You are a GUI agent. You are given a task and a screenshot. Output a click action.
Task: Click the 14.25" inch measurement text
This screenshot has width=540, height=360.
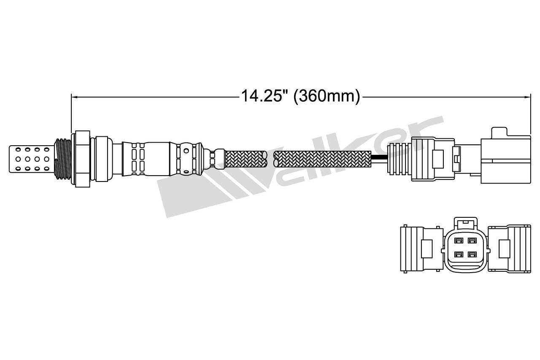coord(264,97)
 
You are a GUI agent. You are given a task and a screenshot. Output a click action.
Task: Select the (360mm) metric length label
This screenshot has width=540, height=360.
coord(327,97)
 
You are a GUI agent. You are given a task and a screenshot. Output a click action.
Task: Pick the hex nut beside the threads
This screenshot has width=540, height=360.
coord(82,159)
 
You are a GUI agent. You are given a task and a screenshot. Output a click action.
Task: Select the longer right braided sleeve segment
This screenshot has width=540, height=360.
coord(323,159)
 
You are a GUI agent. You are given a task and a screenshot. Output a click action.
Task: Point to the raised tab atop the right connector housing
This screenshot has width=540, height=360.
coord(497,132)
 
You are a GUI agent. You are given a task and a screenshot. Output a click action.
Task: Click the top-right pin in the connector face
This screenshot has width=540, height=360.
coord(472,241)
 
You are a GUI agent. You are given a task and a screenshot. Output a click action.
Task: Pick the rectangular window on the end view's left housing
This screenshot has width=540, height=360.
coord(427,249)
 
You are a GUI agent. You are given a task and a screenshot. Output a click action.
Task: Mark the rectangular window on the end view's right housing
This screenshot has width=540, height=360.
coord(505,249)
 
